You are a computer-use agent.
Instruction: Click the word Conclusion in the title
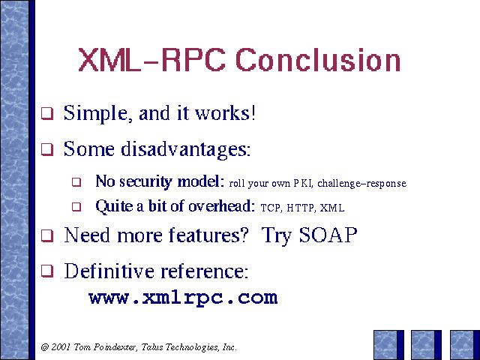click(x=318, y=60)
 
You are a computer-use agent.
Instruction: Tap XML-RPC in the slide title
click(x=151, y=60)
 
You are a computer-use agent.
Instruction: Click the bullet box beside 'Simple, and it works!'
click(x=47, y=114)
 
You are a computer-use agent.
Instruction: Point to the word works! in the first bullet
click(x=225, y=112)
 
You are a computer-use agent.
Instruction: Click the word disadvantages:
click(x=186, y=149)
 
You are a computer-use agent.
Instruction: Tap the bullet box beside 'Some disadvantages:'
click(x=47, y=150)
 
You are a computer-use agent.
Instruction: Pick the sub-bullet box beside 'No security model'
click(x=76, y=182)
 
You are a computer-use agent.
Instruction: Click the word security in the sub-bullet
click(x=145, y=181)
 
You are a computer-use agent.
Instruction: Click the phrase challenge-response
click(x=361, y=183)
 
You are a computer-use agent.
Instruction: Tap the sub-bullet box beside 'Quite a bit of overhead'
click(x=76, y=207)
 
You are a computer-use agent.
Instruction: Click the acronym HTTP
click(x=300, y=208)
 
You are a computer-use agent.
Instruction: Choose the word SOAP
click(x=328, y=235)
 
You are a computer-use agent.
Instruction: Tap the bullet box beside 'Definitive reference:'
click(x=47, y=271)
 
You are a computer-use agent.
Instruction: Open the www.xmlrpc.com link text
click(x=183, y=298)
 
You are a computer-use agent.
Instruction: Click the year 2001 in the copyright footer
click(x=61, y=347)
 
